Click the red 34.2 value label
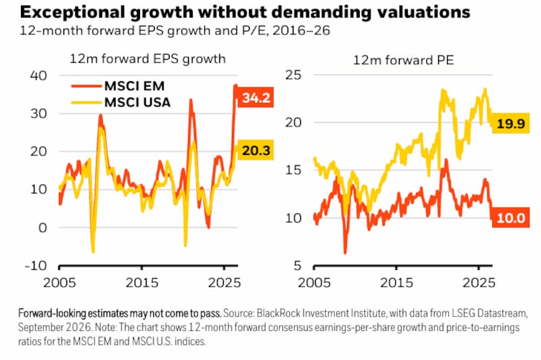pos(256,97)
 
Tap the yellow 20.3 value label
pos(256,150)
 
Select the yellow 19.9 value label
pos(511,123)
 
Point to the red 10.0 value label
pos(511,218)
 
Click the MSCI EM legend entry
pos(118,86)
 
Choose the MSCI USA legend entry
pos(121,102)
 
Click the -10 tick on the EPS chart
pos(36,265)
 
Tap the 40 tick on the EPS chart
pos(39,75)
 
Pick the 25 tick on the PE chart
pos(293,74)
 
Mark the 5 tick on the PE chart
pos(298,265)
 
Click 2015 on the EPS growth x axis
pos(142,283)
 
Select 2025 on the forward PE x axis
pos(479,283)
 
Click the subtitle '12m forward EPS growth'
pos(147,59)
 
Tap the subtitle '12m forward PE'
pos(403,60)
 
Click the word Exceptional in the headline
pos(72,12)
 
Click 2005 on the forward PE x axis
pos(314,283)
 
